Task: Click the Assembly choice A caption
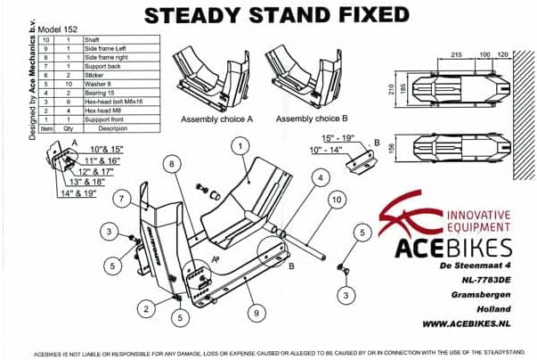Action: [x=217, y=119]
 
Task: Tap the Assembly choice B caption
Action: [x=311, y=119]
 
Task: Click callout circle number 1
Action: [x=239, y=143]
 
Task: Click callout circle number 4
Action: [x=319, y=177]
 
